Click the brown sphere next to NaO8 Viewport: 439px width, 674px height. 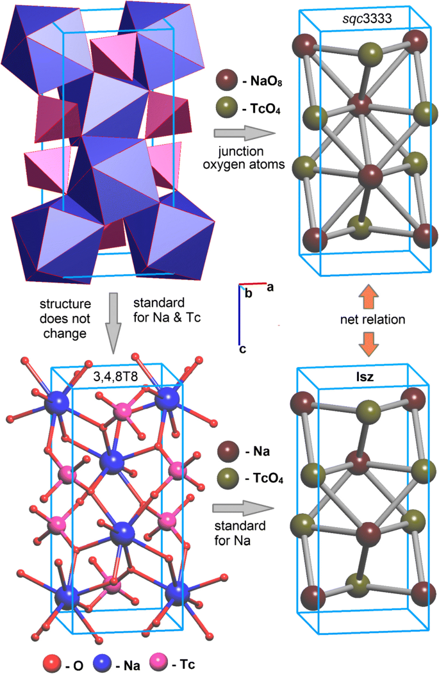227,79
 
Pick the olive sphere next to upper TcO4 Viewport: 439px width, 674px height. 227,105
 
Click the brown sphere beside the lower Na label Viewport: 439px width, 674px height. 227,452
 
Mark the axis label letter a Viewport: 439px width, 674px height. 270,287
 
